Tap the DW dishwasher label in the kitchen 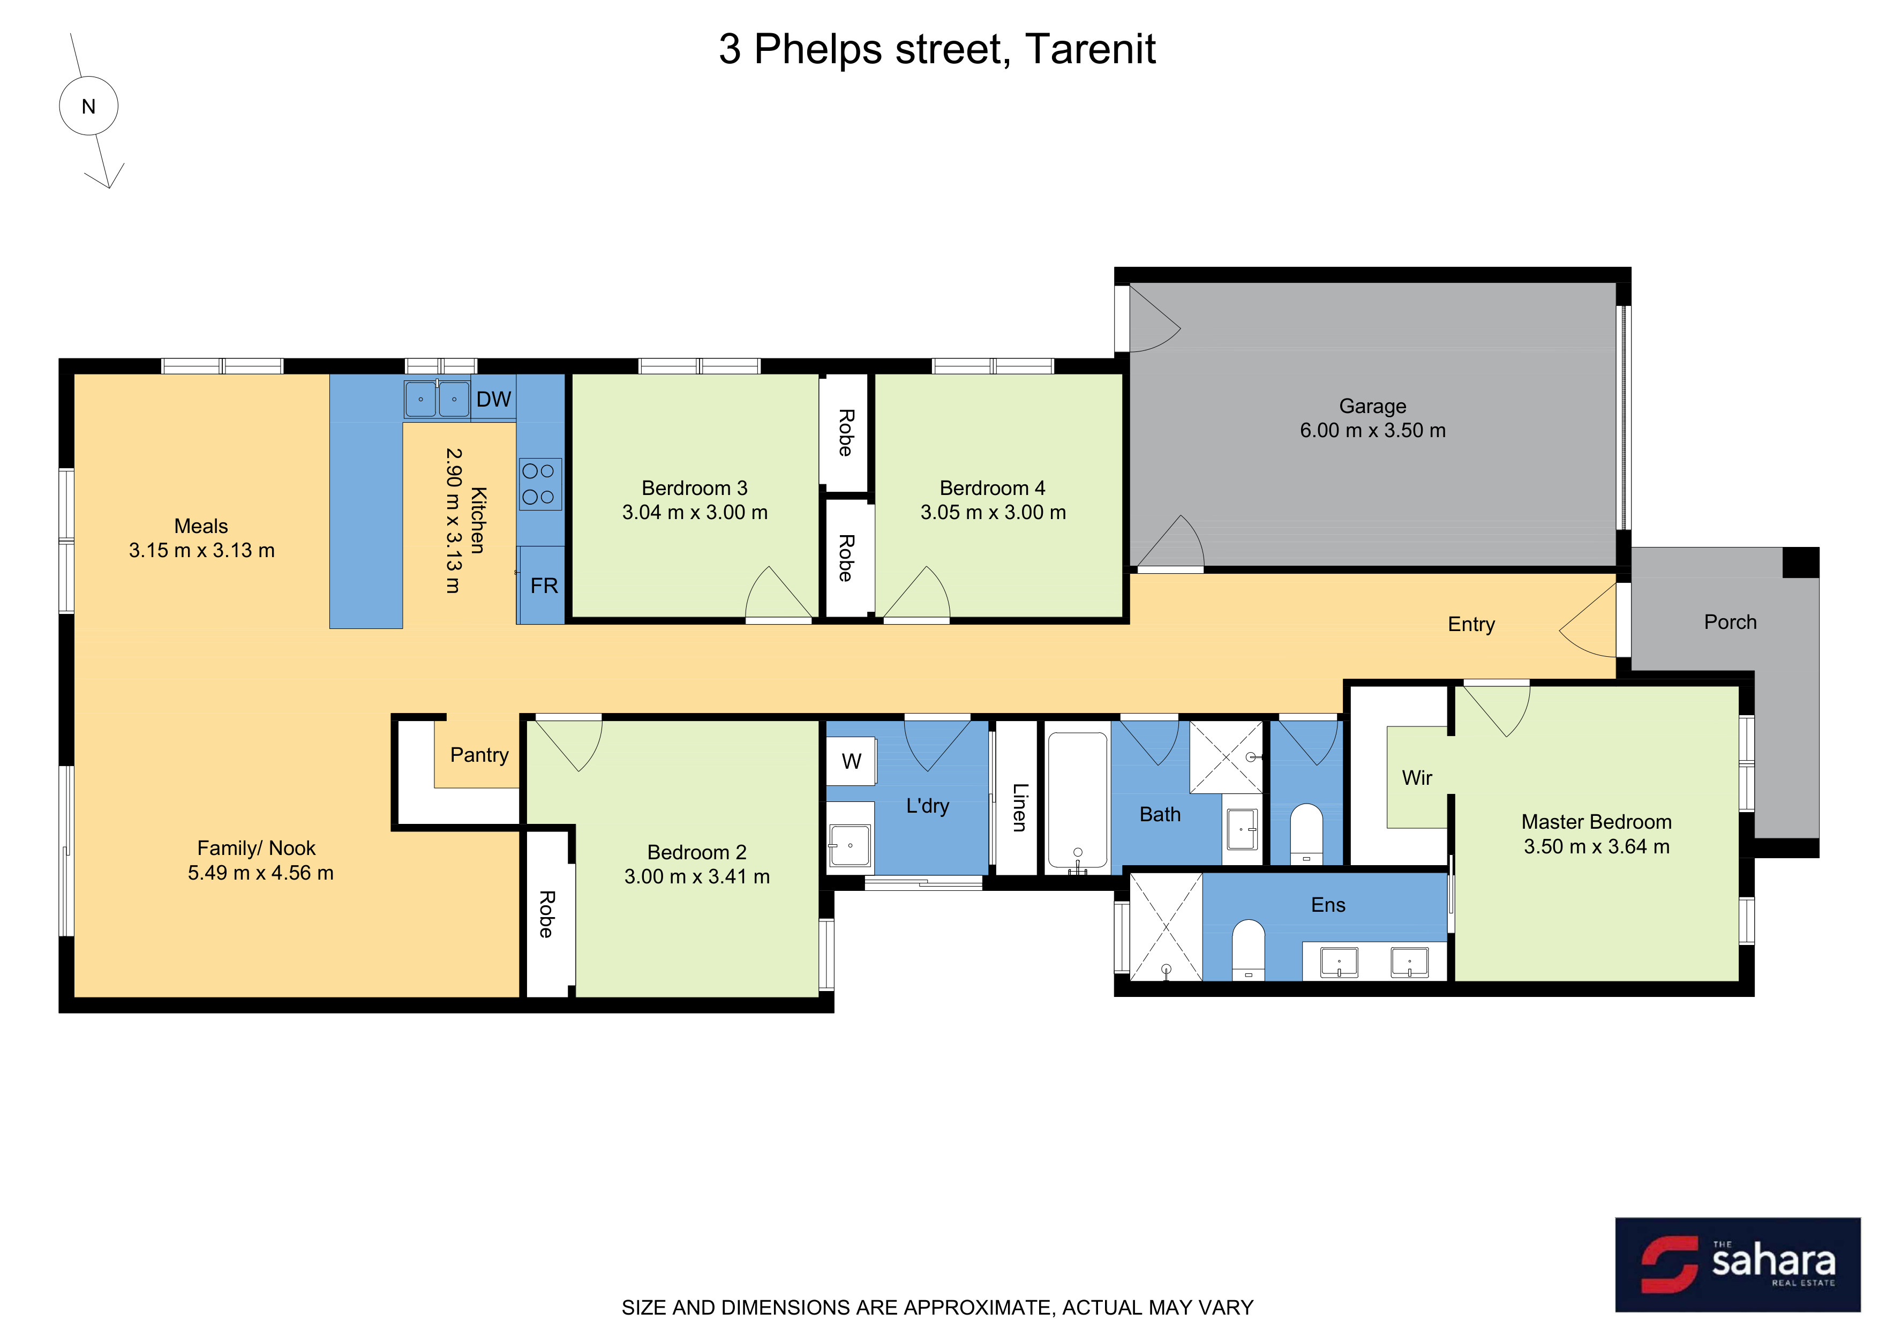point(493,399)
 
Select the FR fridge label point(544,586)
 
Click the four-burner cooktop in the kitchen point(539,484)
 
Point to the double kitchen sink point(437,399)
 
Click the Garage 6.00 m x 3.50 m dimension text point(1372,430)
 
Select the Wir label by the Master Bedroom point(1417,778)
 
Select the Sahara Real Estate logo point(1738,1264)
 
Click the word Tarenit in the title point(1089,49)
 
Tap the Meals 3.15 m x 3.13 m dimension point(201,550)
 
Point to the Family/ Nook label point(256,849)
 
